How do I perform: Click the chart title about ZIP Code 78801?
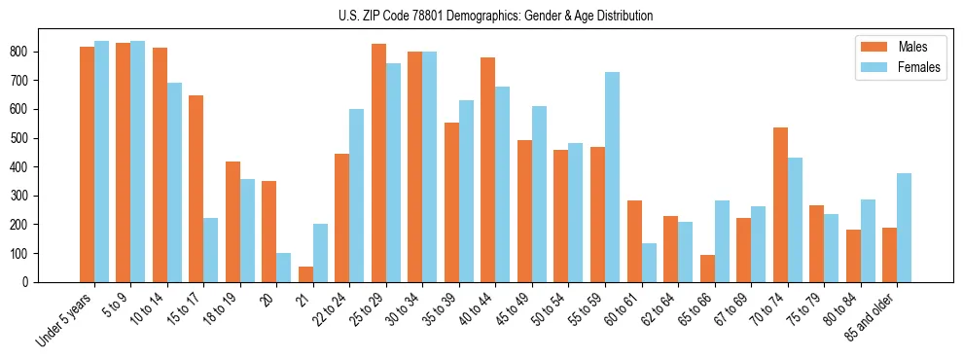coord(481,16)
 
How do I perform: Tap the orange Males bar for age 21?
coord(305,274)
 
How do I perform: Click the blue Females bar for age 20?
coord(284,268)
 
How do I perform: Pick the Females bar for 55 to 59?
coord(612,177)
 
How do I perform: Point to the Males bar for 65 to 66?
coord(707,269)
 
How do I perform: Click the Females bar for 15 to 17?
coord(211,250)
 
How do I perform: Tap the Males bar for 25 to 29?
coord(378,162)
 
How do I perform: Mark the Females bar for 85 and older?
coord(904,228)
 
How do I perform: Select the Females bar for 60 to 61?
coord(649,263)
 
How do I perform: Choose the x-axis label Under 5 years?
coord(67,317)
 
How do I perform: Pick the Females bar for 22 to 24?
coord(357,196)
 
